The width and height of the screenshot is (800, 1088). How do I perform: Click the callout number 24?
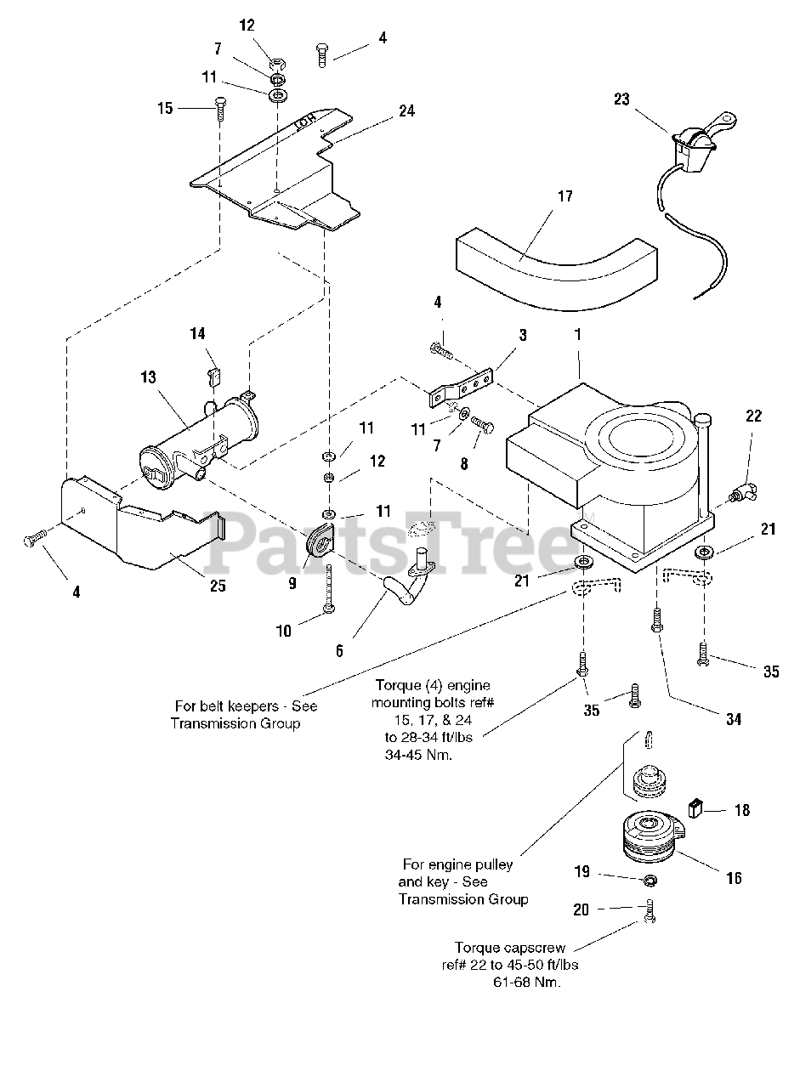click(406, 110)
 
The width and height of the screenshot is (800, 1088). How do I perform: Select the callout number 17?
click(565, 197)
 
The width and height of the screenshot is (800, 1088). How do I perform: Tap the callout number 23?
click(621, 99)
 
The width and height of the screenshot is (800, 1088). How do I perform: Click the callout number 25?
click(218, 586)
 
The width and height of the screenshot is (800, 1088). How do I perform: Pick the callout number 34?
click(733, 718)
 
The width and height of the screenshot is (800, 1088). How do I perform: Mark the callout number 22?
click(753, 416)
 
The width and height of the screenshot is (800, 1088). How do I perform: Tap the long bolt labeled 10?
click(328, 586)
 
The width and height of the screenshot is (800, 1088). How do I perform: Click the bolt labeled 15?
click(219, 109)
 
